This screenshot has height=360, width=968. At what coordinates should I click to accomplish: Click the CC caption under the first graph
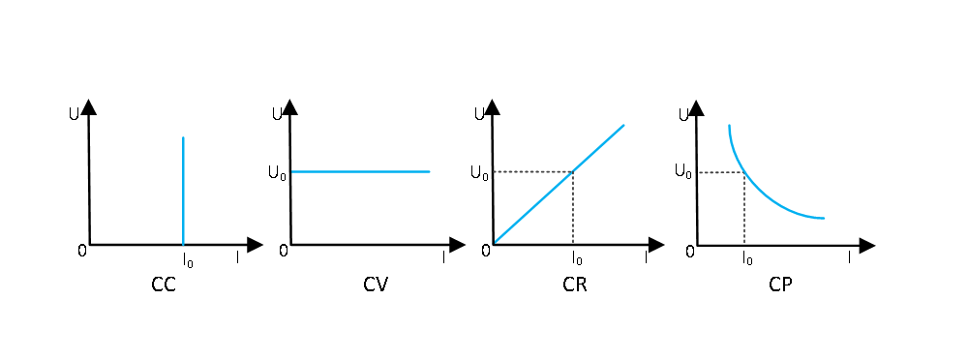[164, 285]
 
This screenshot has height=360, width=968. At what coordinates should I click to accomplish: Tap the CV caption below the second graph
[376, 285]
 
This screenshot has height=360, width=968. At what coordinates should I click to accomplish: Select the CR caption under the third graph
[575, 285]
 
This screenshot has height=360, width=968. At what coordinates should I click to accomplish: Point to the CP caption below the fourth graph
[780, 285]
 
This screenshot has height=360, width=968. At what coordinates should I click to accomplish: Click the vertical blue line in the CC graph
[183, 191]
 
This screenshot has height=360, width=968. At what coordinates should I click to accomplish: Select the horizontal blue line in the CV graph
[360, 171]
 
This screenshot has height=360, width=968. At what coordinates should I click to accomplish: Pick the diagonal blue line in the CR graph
[559, 184]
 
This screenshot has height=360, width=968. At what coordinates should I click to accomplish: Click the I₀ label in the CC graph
[188, 259]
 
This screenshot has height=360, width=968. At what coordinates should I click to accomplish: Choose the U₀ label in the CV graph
[278, 172]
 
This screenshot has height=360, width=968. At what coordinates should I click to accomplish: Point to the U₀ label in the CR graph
[480, 172]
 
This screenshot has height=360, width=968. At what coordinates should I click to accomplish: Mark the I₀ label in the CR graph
[577, 257]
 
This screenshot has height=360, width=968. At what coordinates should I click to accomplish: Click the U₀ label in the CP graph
[683, 171]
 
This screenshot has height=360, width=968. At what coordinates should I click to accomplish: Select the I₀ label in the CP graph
[747, 257]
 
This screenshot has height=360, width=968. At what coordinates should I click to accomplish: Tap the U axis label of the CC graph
[75, 115]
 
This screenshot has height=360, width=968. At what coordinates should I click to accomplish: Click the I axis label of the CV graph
[443, 257]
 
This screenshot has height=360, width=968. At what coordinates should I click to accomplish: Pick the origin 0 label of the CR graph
[486, 250]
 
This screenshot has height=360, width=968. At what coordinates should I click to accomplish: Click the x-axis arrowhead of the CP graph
[866, 246]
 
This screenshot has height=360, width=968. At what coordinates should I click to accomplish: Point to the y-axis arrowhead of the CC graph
[89, 106]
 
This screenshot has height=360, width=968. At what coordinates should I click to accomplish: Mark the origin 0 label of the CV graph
[284, 250]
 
